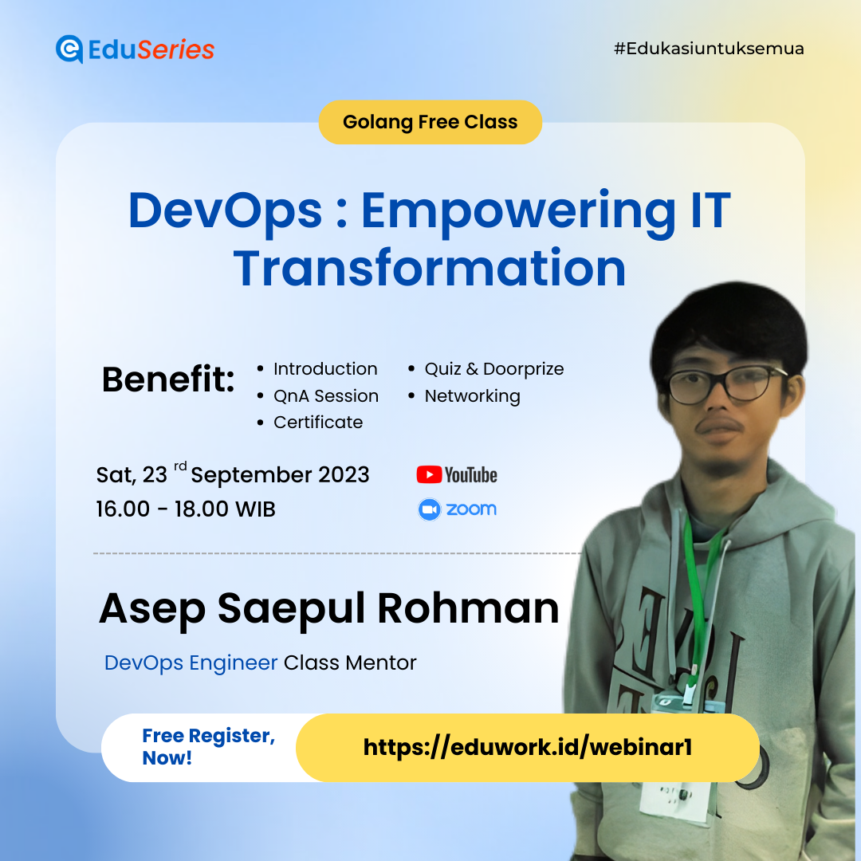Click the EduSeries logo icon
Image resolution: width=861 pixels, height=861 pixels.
(69, 49)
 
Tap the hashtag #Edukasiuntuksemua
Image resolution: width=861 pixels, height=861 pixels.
(709, 49)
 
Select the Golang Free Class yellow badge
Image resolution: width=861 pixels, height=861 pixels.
(430, 122)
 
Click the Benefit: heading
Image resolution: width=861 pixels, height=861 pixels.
(168, 380)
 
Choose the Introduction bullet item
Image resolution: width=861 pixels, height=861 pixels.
(325, 369)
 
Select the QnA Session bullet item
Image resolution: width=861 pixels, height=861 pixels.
(325, 396)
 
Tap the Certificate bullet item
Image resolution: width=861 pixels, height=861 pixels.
(317, 423)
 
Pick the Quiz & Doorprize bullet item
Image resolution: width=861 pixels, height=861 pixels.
(493, 369)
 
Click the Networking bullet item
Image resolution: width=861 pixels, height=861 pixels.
(472, 396)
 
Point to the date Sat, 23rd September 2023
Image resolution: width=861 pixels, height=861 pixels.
(233, 475)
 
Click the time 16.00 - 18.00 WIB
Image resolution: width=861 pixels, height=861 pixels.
(186, 509)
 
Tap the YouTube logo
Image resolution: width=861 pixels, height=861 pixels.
(457, 475)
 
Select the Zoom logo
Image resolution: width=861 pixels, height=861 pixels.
(457, 509)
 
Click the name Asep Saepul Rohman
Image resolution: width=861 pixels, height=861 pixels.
(328, 609)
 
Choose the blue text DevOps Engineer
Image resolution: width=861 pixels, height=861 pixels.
(191, 662)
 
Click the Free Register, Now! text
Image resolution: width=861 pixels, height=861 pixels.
(208, 747)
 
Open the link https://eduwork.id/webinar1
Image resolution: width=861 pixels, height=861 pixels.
(527, 747)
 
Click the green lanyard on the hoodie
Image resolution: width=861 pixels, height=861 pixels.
(698, 574)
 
